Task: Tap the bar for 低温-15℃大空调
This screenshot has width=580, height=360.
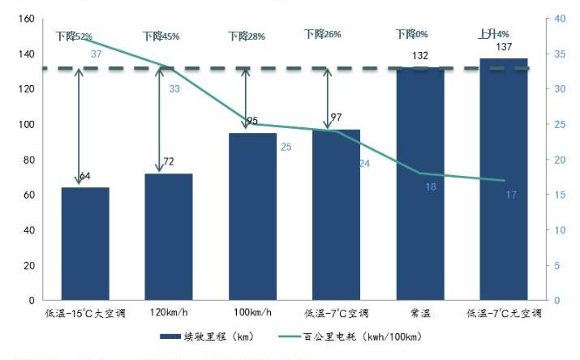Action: [85, 243]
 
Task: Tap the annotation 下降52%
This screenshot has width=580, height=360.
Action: [74, 36]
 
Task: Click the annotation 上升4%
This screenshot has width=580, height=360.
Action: [493, 35]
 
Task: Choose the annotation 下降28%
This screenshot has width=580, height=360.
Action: [246, 36]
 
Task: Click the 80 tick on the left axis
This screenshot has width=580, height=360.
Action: [28, 160]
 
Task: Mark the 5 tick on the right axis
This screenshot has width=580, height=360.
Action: [557, 265]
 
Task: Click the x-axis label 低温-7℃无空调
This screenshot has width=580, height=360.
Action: [504, 312]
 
